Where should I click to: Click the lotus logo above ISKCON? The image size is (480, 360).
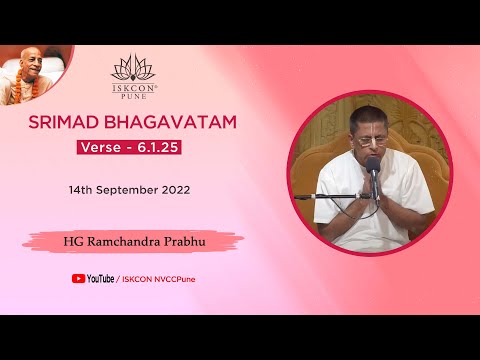coord(133,68)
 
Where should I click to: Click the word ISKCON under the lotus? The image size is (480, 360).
coord(133,85)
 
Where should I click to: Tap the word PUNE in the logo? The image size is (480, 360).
coord(133,93)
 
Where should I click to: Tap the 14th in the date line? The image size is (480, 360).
coord(83,188)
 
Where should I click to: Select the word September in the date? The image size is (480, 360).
coord(124,188)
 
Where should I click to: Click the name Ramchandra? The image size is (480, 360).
coord(125,240)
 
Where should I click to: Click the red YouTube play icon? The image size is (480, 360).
coord(77,279)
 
